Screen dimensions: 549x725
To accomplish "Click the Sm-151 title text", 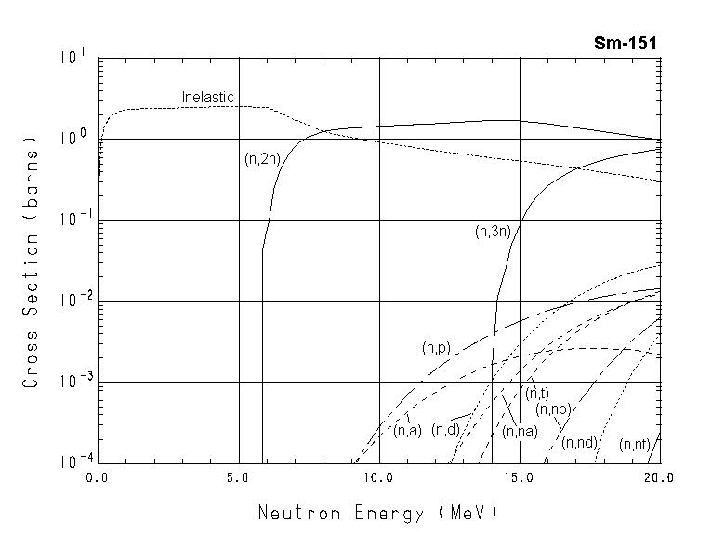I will tap(627, 43).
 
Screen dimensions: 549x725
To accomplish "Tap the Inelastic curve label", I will tap(207, 97).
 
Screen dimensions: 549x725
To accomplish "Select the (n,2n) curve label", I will tap(261, 159).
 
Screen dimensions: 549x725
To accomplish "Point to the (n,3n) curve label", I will tap(492, 232).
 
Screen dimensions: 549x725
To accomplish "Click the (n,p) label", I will tap(436, 348).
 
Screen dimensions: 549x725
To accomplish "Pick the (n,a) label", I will tap(407, 430).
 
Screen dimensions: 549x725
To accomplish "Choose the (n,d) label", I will tap(446, 429).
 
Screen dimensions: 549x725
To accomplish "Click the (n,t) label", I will tap(536, 394).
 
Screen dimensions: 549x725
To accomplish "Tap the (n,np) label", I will tap(553, 409).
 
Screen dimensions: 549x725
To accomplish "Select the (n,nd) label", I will tap(579, 442).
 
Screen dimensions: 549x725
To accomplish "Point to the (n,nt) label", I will tap(635, 445).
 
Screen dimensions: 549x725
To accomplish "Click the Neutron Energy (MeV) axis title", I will tap(377, 512).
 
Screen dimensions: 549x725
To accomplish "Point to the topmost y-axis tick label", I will tap(72, 57).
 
